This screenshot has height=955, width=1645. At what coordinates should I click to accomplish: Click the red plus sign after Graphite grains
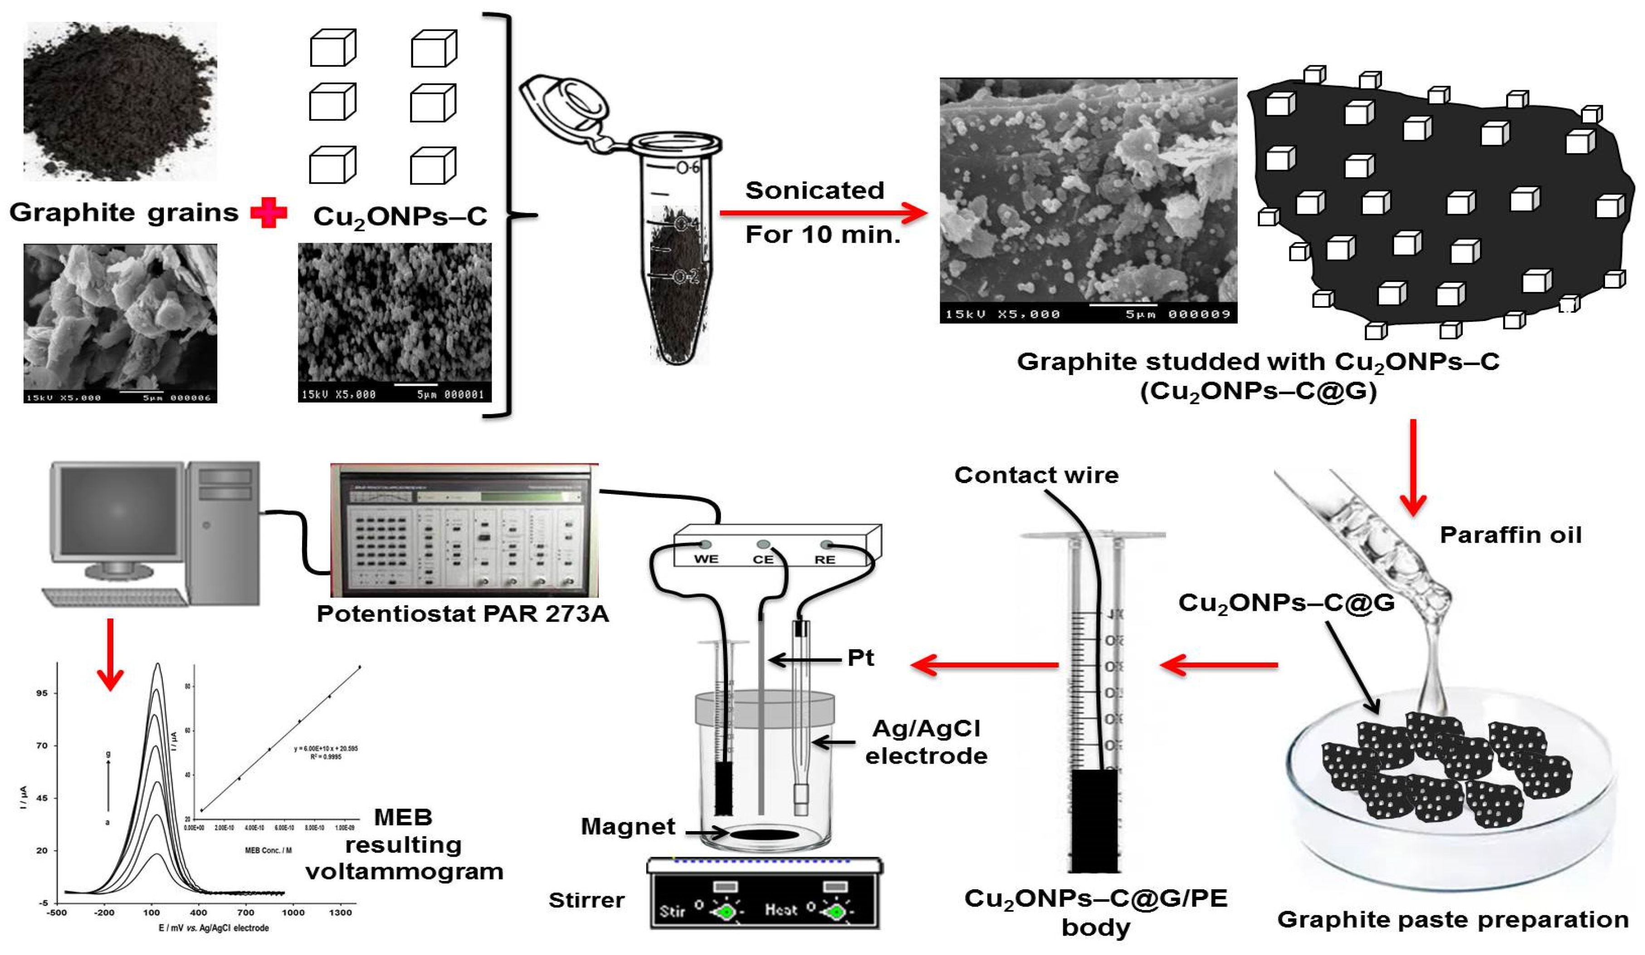[x=268, y=213]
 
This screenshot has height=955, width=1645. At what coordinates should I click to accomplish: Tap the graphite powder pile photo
[x=120, y=101]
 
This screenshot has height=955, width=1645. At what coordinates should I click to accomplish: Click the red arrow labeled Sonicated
[x=823, y=213]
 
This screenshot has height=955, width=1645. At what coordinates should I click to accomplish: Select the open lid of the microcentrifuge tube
[x=567, y=104]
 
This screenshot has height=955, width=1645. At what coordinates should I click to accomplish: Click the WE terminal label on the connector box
[x=706, y=560]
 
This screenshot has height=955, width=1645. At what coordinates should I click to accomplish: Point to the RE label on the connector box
[x=825, y=560]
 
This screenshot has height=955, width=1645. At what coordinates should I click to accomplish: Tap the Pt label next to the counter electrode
[x=860, y=658]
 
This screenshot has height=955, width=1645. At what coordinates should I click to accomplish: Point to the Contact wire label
[x=1036, y=475]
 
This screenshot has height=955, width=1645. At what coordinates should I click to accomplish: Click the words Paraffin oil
[x=1511, y=535]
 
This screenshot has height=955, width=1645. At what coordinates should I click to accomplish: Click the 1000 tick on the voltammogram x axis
[x=293, y=912]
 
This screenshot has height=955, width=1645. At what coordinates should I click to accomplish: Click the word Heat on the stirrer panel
[x=781, y=909]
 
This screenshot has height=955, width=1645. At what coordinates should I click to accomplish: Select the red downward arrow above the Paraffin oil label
[x=1413, y=467]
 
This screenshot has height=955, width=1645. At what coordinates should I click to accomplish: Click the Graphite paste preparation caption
[x=1452, y=920]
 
